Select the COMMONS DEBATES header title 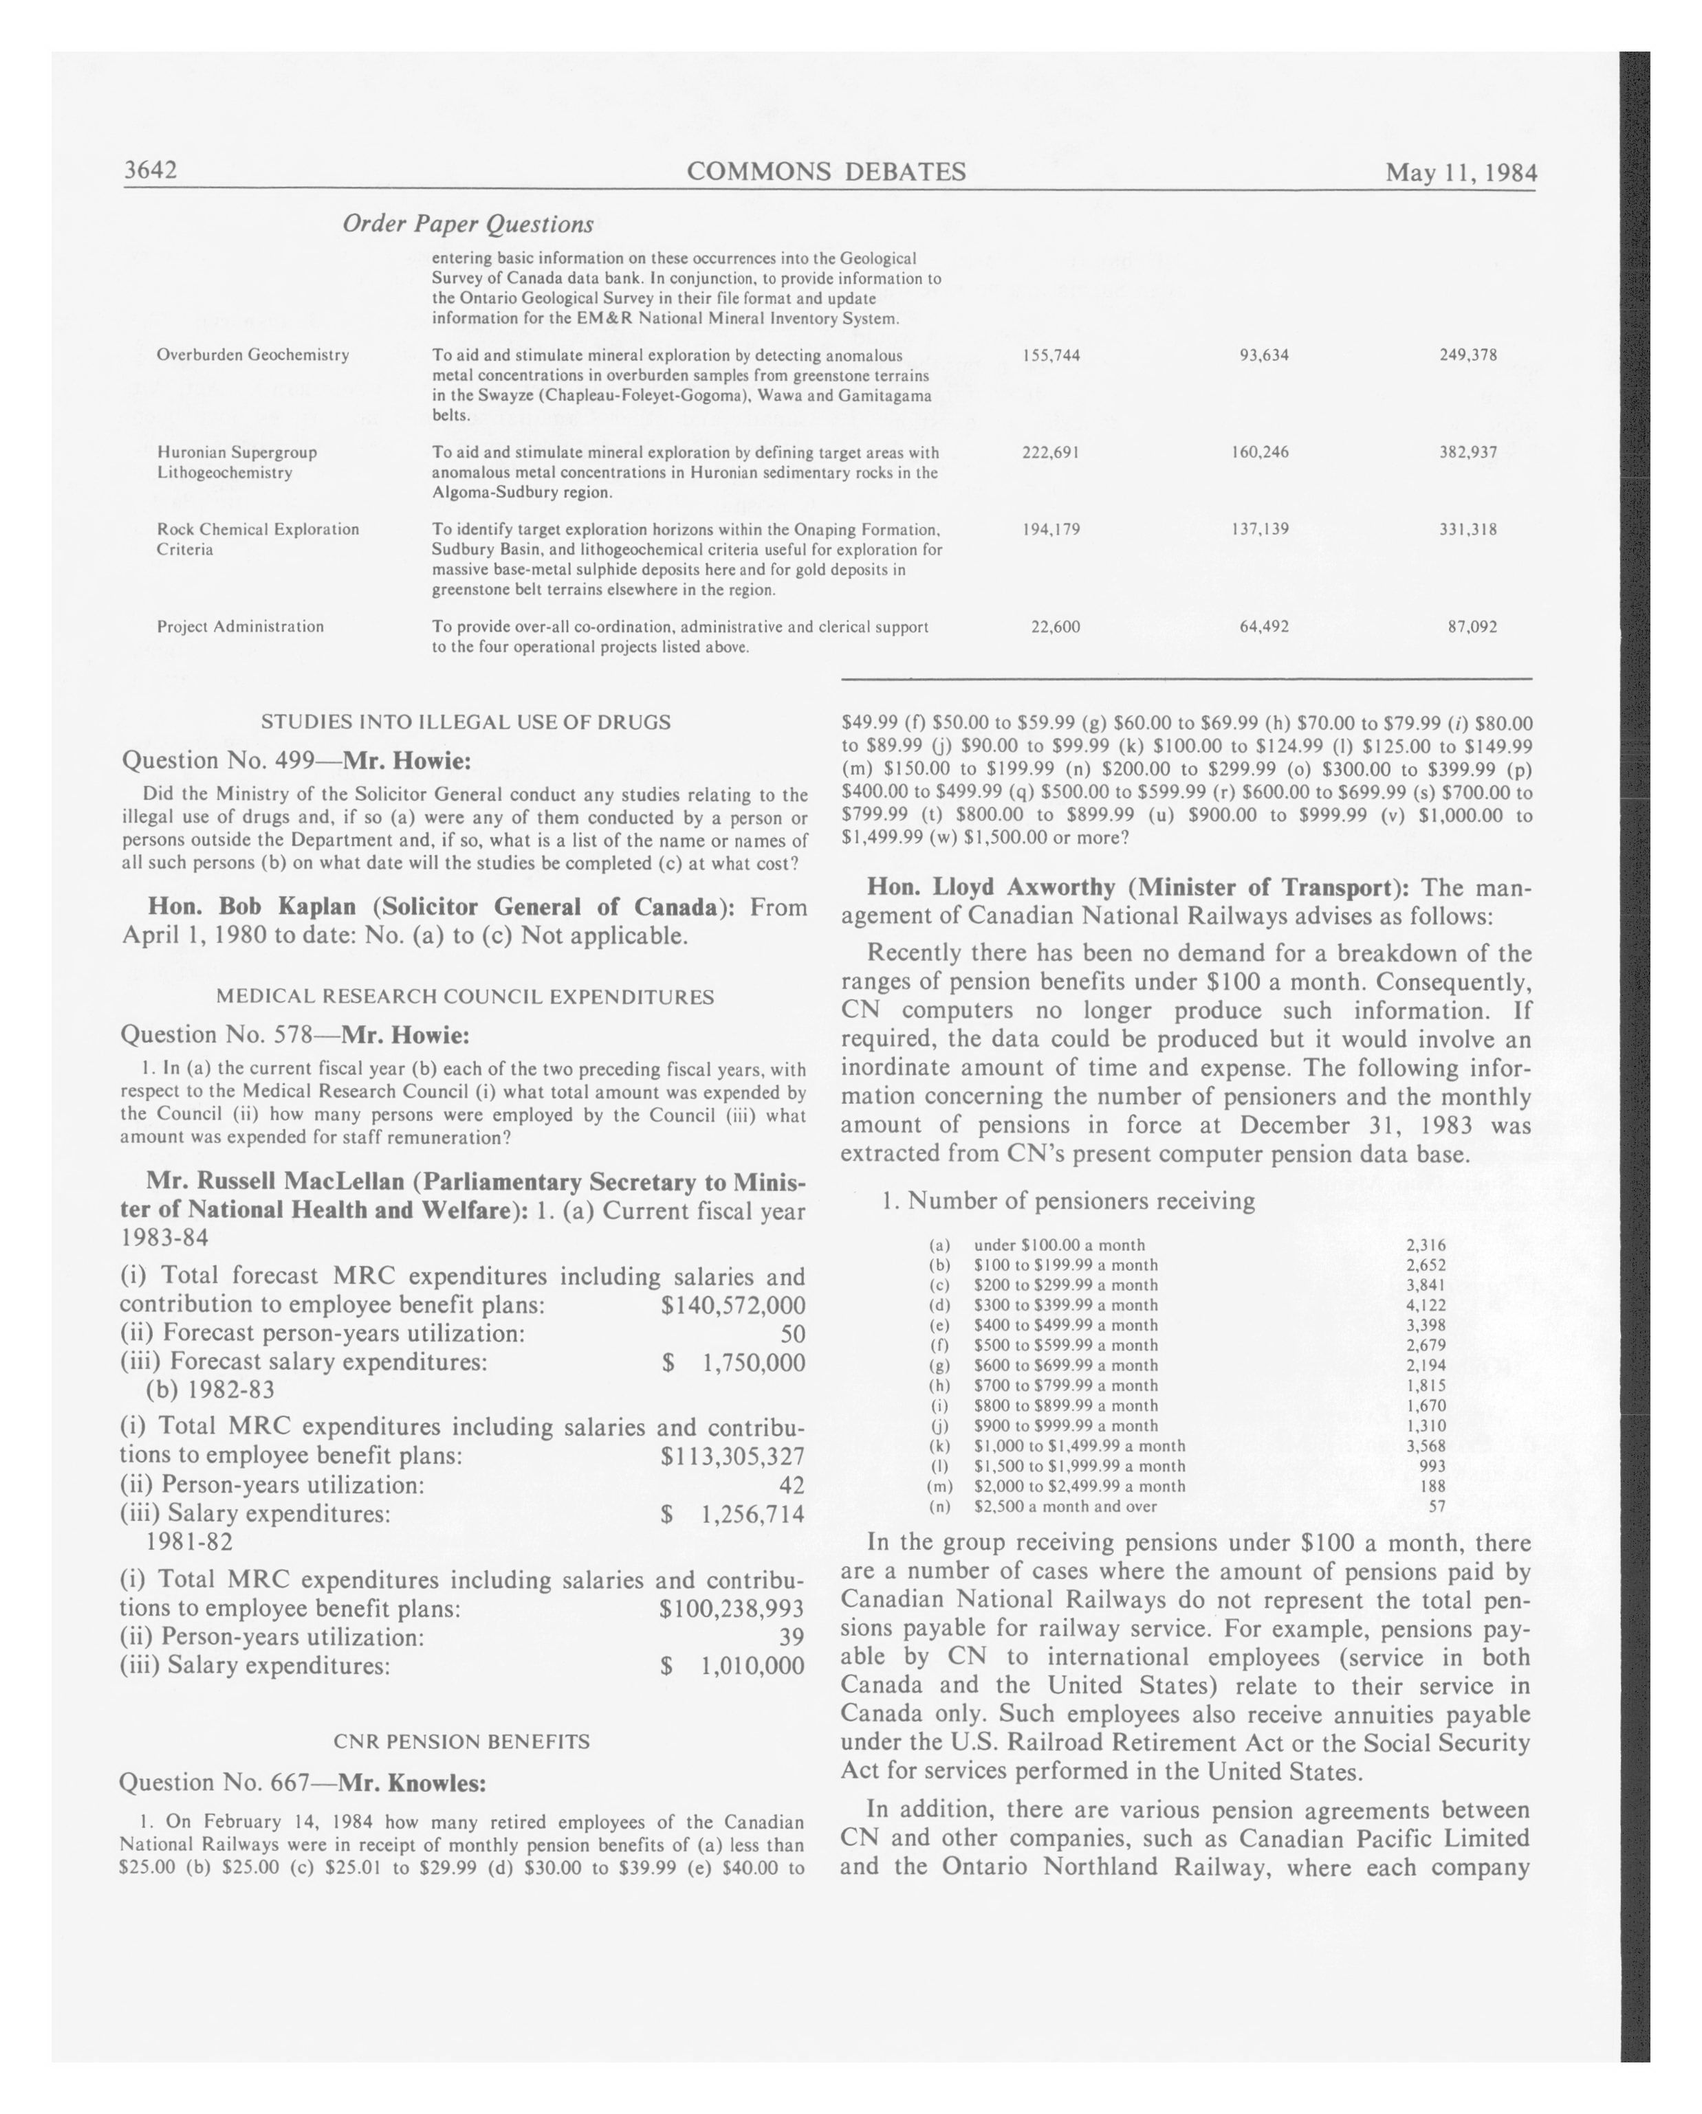826,172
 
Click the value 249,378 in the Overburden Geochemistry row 1468,355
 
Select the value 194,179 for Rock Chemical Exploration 1051,529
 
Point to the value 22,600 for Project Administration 1056,627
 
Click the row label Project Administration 240,627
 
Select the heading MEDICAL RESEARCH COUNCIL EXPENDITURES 465,997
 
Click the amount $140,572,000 733,1305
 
